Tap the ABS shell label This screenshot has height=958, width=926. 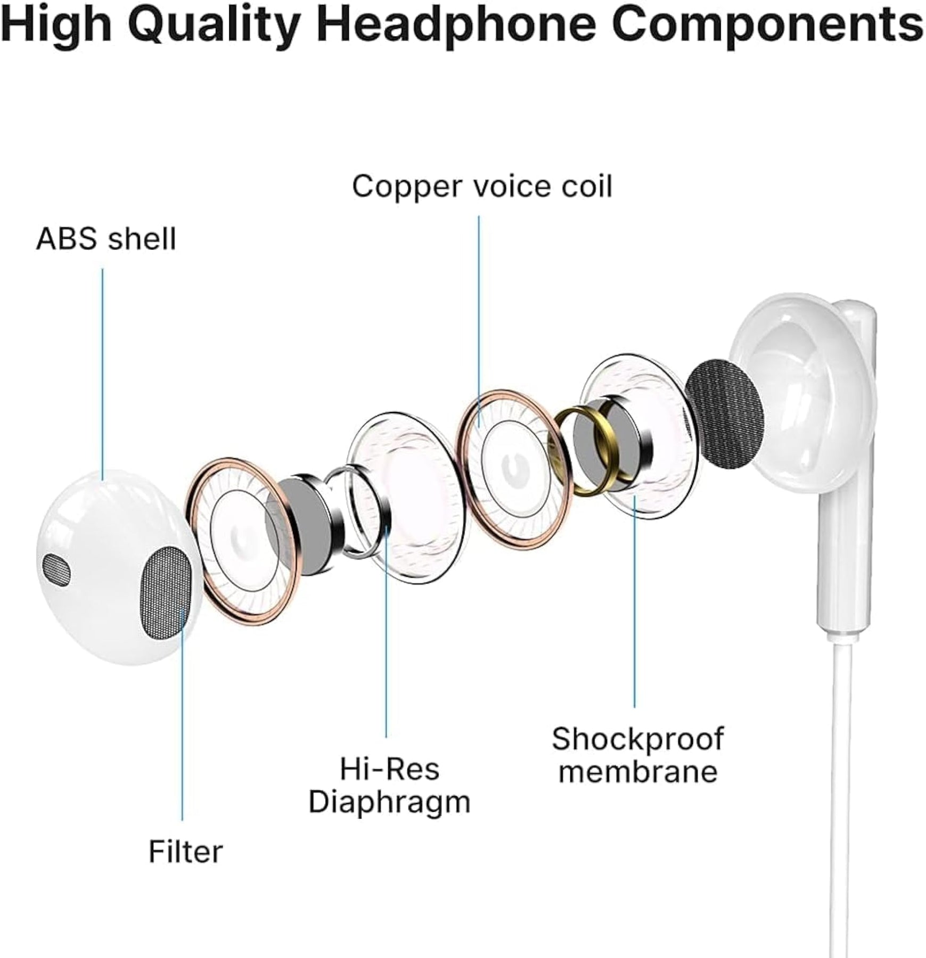[x=106, y=238]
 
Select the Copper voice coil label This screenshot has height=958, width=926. [x=482, y=186]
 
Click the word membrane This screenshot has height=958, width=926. [x=638, y=772]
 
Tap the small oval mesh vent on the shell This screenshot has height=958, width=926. [x=56, y=570]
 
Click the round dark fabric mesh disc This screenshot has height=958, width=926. [x=724, y=415]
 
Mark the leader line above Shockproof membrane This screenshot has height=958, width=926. [x=634, y=601]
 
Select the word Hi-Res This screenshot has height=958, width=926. [x=390, y=769]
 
